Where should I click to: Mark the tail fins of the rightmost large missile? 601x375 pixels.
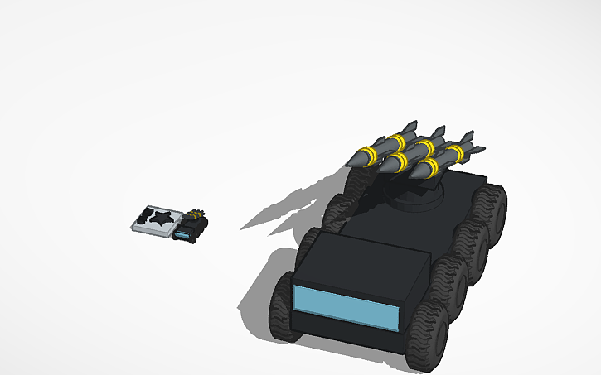pos(467,137)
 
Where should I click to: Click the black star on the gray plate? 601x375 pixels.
pos(162,217)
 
